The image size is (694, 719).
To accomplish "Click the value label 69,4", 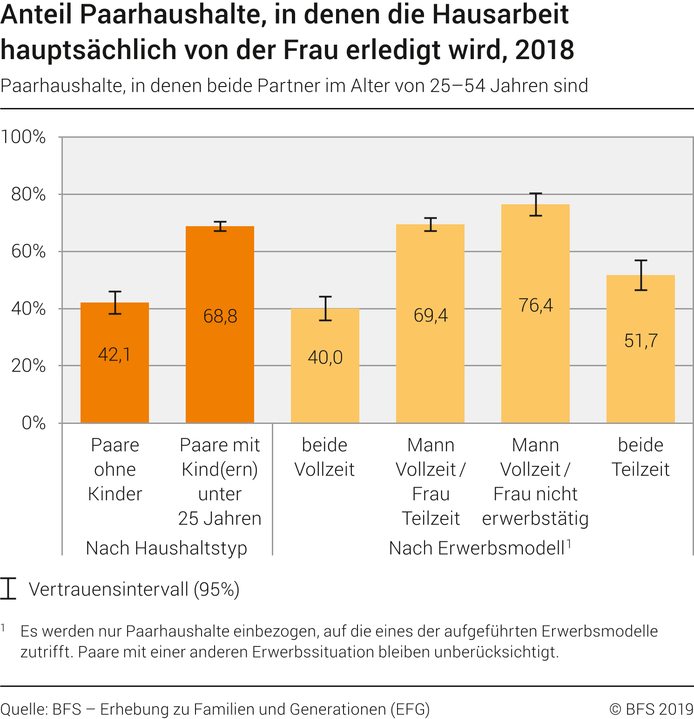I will pyautogui.click(x=431, y=316).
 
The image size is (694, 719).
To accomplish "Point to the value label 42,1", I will pyautogui.click(x=115, y=355).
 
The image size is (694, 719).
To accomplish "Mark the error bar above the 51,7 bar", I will pyautogui.click(x=641, y=275).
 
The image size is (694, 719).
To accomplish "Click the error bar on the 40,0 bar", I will pyautogui.click(x=325, y=309).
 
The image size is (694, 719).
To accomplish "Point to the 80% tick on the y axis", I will pyautogui.click(x=28, y=195).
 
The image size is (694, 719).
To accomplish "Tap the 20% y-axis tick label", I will pyautogui.click(x=28, y=366).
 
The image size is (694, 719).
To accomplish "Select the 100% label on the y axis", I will pyautogui.click(x=23, y=137).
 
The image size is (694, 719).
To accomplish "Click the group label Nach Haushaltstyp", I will pyautogui.click(x=166, y=548).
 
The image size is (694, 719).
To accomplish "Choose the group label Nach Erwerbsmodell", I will pyautogui.click(x=477, y=548).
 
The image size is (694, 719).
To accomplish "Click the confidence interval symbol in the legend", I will pyautogui.click(x=8, y=588).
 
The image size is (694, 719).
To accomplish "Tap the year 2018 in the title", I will pyautogui.click(x=545, y=50).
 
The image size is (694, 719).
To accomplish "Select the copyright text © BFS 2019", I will pyautogui.click(x=651, y=709).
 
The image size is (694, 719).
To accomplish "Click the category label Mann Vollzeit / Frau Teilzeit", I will pyautogui.click(x=431, y=482).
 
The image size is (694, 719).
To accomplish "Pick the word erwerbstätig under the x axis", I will pyautogui.click(x=535, y=518).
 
